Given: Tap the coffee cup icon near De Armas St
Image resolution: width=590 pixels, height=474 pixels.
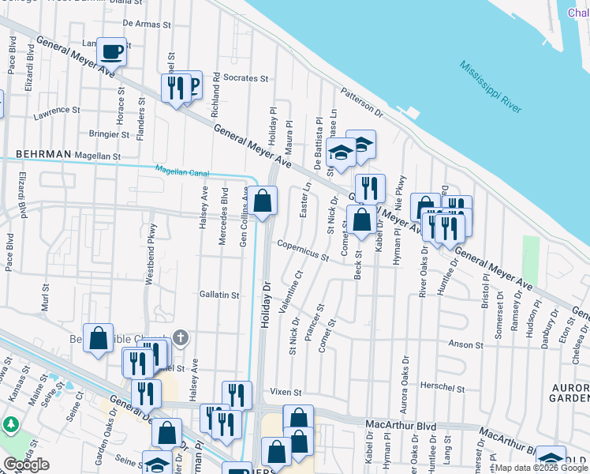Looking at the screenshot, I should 112,51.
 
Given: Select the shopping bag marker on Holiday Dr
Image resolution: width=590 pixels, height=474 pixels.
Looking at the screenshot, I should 264,201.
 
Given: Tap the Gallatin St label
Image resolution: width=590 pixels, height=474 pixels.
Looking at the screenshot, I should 218,295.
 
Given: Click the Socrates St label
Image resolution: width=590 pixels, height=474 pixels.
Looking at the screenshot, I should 246,79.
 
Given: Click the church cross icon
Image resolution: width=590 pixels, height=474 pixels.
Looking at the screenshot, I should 180,339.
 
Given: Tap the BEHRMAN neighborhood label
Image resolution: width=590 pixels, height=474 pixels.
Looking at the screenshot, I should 43,153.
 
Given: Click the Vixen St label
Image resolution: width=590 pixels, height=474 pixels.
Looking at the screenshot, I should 286,392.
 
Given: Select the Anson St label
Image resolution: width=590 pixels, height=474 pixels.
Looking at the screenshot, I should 465,345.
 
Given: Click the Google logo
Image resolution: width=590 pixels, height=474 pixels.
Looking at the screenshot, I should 27,465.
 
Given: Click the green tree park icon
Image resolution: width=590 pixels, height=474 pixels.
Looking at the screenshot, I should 12,426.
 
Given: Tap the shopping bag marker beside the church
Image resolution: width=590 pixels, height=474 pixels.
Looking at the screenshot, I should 99,338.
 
